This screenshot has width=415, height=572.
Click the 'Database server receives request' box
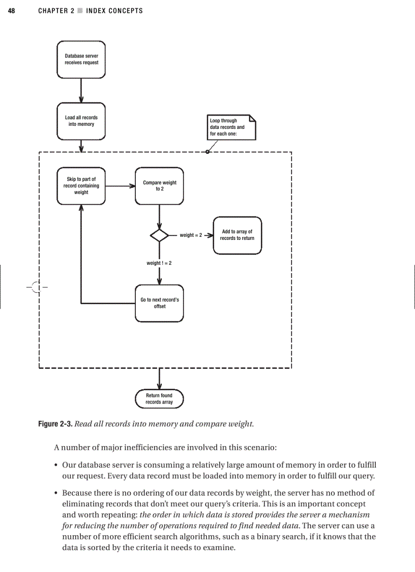pos(81,60)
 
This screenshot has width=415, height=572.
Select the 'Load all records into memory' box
pos(81,121)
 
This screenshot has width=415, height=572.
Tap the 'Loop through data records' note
pos(232,127)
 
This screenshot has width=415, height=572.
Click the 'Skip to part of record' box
pos(81,186)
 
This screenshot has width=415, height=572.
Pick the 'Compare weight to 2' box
pos(160,186)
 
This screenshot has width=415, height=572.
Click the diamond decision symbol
pos(159,235)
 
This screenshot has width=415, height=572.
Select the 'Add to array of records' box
pos(237,235)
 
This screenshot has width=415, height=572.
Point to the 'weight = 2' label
pos(191,235)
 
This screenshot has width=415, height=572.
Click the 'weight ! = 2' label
pos(159,263)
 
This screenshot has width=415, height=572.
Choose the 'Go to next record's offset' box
pos(160,303)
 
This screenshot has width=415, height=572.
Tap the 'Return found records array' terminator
pos(159,399)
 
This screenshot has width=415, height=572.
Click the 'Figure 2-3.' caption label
pos(55,424)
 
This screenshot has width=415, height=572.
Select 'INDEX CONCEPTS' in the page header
pos(114,11)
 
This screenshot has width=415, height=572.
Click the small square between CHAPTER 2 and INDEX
pos(79,11)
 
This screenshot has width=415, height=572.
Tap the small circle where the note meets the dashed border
pos(207,151)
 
